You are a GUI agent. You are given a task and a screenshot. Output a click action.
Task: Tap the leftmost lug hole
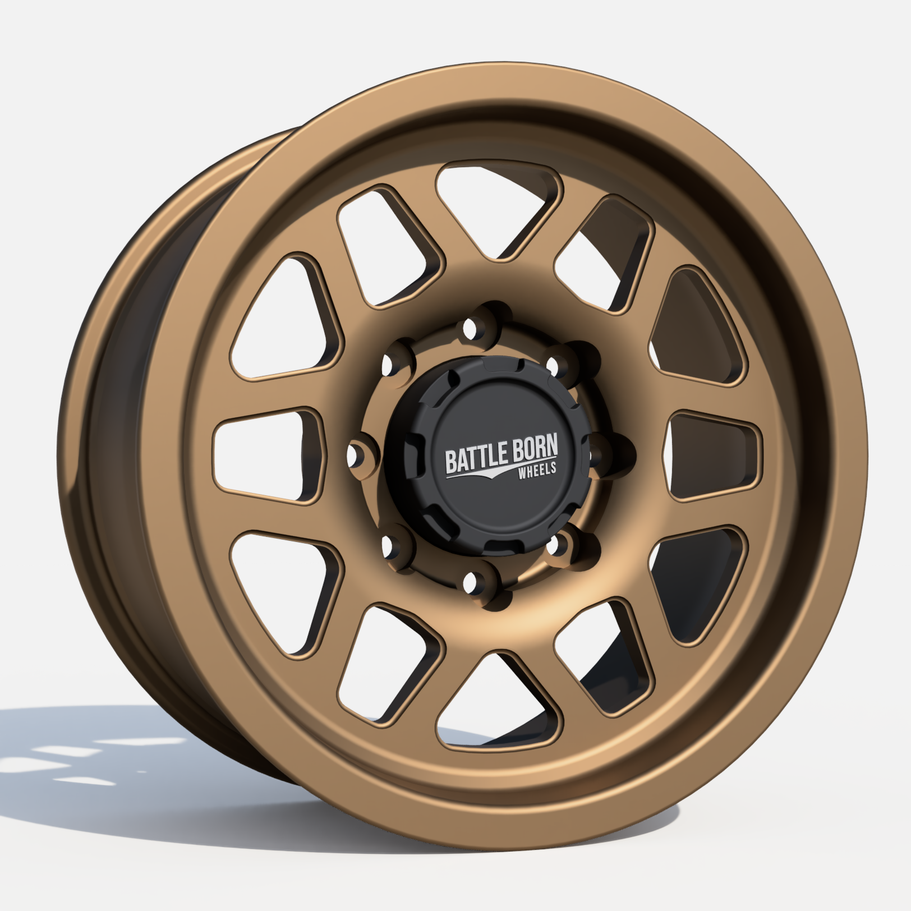click(354, 456)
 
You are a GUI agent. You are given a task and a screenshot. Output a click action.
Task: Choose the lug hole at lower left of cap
click(388, 544)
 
